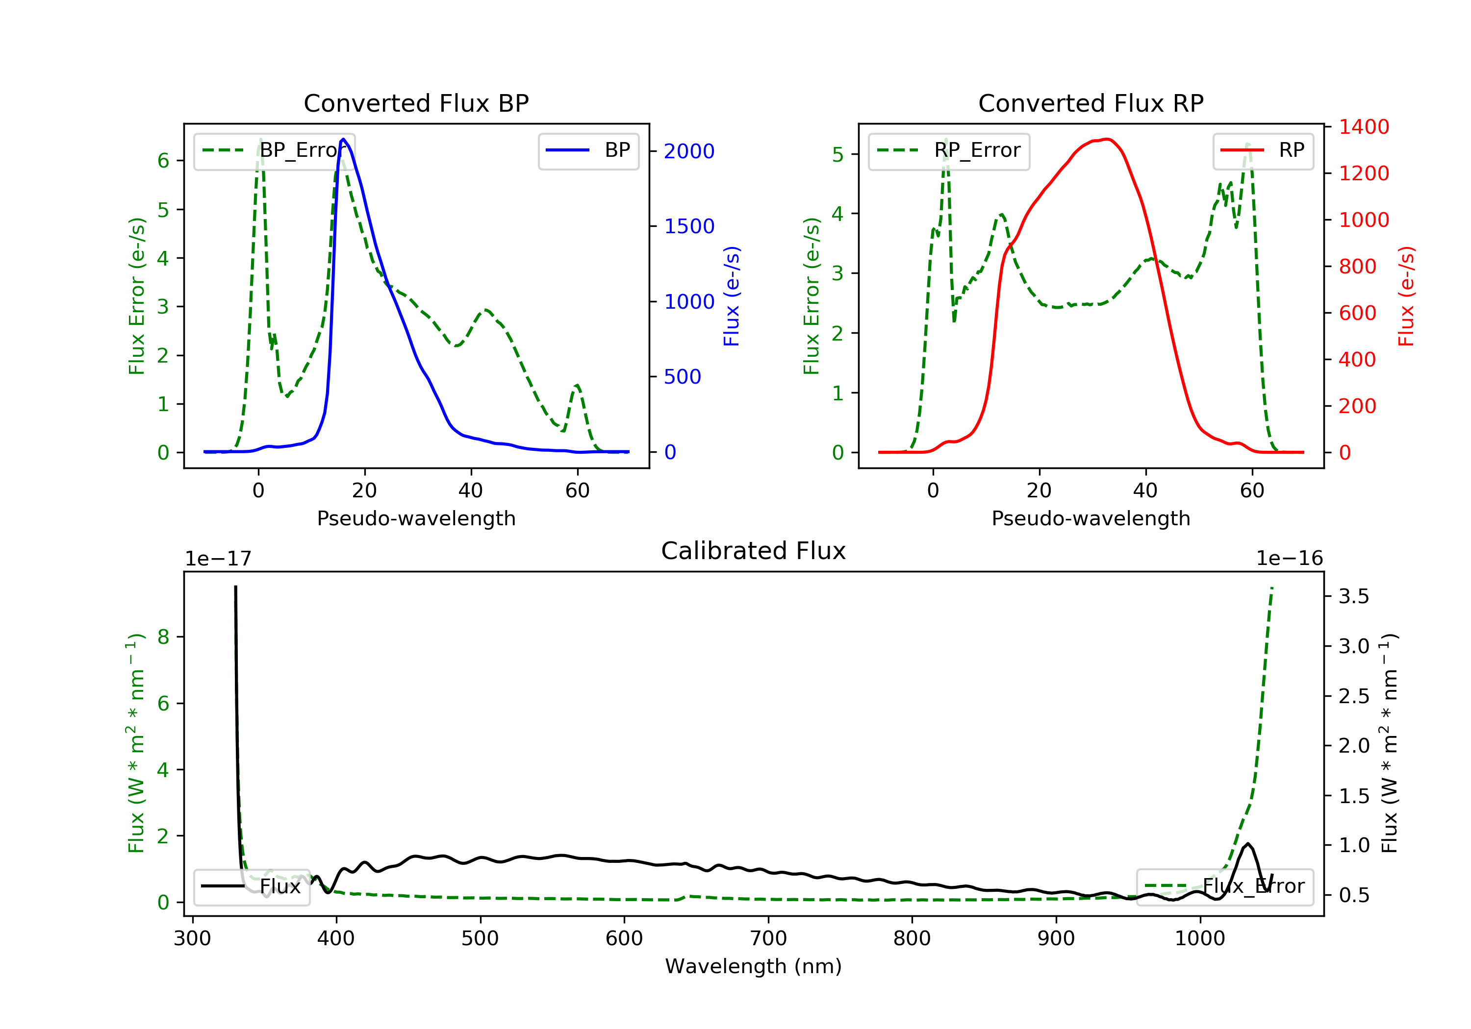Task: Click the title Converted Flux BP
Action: tap(416, 103)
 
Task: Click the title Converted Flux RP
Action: tap(1091, 103)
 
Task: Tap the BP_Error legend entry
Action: tap(274, 150)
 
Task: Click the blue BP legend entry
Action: tap(588, 150)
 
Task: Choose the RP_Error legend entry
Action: tap(949, 150)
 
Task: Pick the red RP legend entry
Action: tap(1262, 150)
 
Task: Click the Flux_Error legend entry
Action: tap(1224, 886)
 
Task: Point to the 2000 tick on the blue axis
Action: tap(689, 152)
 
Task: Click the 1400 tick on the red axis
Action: tap(1364, 127)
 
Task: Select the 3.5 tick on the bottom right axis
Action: tap(1354, 597)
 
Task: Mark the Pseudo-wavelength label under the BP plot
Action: tap(416, 518)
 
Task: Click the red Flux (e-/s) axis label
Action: tap(1406, 296)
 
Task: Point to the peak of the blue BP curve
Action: tap(343, 139)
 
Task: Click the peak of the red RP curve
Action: tap(1107, 139)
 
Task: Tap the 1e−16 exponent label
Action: tap(1289, 559)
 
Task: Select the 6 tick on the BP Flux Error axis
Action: tap(163, 161)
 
